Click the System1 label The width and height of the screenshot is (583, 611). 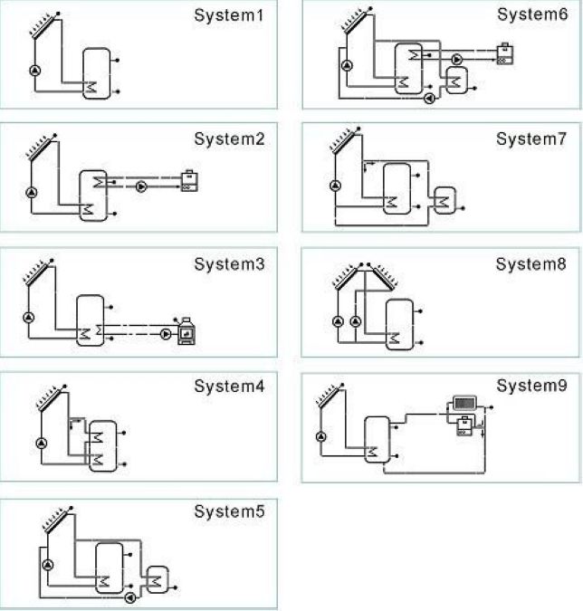tap(230, 16)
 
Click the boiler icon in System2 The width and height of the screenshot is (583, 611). tap(190, 181)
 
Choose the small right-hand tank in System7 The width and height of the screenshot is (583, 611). tap(445, 200)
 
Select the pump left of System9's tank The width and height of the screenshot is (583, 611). tap(321, 436)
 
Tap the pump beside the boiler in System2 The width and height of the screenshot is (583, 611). tap(142, 187)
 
